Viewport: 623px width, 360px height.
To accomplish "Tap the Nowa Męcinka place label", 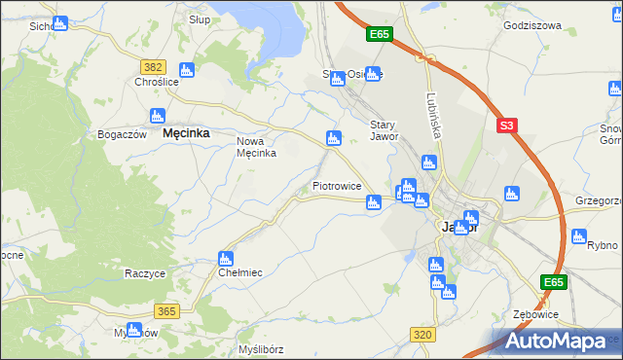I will [257, 147].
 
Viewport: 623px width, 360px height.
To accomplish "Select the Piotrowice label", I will [337, 186].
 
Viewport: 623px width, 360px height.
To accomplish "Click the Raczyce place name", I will [144, 273].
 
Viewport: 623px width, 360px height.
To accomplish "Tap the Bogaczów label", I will [122, 134].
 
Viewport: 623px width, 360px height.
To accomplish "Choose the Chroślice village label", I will [157, 83].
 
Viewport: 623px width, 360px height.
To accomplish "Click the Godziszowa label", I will [532, 26].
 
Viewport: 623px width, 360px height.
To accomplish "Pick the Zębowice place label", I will [534, 315].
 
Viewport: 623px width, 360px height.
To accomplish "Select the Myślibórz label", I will [260, 348].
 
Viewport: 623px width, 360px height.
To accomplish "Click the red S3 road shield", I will [505, 126].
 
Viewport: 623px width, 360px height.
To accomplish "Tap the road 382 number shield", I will [153, 66].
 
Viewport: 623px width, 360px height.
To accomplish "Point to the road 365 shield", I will [166, 311].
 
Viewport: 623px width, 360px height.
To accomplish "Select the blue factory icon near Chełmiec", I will [226, 258].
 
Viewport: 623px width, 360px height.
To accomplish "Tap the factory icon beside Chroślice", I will [186, 69].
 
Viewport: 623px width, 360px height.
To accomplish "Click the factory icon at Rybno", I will [579, 236].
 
